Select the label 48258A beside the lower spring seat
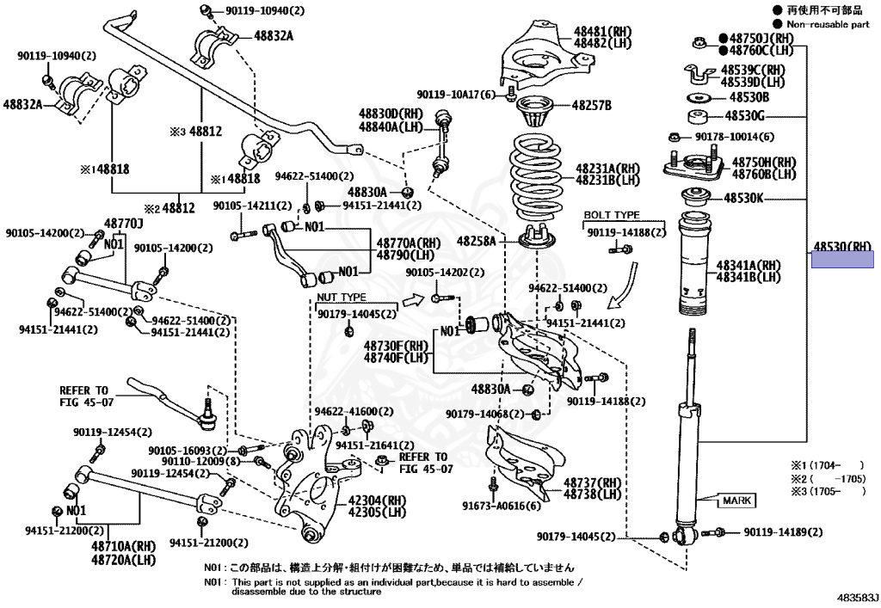(x=476, y=242)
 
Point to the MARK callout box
(x=736, y=500)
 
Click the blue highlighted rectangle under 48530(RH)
(x=842, y=259)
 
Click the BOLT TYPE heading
(x=612, y=214)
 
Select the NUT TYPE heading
(x=342, y=297)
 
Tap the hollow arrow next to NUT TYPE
(x=415, y=299)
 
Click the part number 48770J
(x=123, y=223)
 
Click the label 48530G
(x=744, y=114)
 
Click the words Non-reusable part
(x=829, y=26)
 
